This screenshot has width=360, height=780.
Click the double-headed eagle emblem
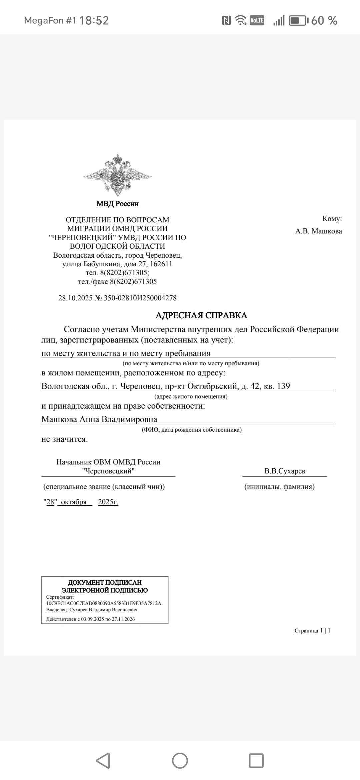117,175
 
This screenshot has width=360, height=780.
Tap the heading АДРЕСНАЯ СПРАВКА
201,315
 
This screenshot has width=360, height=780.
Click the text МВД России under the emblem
117,204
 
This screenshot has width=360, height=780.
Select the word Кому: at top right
332,219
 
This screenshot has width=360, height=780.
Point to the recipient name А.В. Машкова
318,231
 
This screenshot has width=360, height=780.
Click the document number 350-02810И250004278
140,298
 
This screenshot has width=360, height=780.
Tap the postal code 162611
161,264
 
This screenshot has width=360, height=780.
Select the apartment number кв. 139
277,386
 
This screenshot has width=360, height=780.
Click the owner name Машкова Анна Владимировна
99,419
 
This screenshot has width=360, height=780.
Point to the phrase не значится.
64,439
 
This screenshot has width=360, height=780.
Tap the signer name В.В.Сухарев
285,471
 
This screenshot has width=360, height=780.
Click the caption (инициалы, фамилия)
279,487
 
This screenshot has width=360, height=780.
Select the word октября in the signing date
74,502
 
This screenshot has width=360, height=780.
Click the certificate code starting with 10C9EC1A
104,603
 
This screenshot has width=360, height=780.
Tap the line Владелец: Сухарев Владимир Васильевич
92,610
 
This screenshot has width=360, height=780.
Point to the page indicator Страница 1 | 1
312,630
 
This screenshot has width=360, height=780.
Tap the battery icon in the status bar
298,21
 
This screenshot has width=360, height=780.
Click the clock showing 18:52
94,21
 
